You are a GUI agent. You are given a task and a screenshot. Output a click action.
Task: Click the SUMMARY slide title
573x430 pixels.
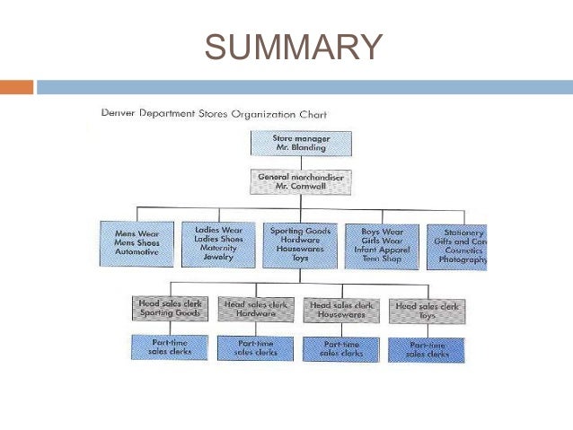click(293, 46)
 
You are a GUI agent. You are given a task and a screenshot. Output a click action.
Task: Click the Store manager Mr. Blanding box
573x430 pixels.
click(300, 144)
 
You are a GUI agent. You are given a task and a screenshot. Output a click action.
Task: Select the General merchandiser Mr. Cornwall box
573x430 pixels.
click(300, 182)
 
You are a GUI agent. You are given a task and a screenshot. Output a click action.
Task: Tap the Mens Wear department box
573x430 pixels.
click(137, 243)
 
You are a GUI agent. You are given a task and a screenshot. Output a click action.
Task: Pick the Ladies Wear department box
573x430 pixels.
click(218, 243)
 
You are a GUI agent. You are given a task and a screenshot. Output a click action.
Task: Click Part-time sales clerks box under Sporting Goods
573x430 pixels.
click(169, 347)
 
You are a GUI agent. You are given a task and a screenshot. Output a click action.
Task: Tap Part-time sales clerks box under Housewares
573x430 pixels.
click(341, 349)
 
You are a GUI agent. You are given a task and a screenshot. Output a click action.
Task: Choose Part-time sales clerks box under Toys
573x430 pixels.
click(427, 350)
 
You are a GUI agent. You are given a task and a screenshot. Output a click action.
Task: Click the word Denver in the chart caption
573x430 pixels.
click(120, 114)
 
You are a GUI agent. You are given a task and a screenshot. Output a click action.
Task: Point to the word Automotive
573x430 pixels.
click(136, 253)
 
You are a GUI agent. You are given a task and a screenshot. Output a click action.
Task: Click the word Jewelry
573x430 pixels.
click(217, 258)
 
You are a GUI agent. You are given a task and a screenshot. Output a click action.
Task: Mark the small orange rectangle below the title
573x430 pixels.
click(16, 87)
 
